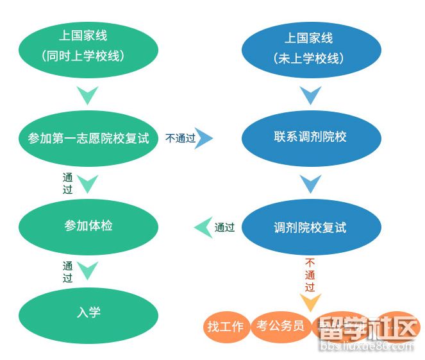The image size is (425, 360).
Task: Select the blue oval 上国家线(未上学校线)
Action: coord(311,48)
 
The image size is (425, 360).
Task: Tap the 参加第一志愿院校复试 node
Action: coord(88,138)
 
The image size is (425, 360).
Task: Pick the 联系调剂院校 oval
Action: coord(311,137)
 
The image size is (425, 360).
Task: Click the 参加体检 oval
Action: coord(88,226)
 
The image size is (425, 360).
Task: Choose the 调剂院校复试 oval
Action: coord(311,227)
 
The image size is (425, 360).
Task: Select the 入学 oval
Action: coord(88,313)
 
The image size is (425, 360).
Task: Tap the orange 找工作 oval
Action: coord(226,326)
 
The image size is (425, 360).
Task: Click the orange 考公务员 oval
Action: coord(280,325)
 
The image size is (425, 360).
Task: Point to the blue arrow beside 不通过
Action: coord(205,138)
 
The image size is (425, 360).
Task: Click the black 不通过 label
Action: coord(180,138)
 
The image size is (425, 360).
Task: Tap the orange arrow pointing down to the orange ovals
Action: coord(311,302)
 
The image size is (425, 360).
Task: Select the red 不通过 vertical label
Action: coord(310,275)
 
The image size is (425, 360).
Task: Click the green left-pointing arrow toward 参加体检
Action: coord(203,227)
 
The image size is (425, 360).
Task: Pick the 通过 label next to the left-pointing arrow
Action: coord(224,227)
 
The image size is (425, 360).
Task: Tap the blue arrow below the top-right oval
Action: coord(311,96)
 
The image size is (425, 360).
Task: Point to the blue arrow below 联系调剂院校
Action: coord(311,184)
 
